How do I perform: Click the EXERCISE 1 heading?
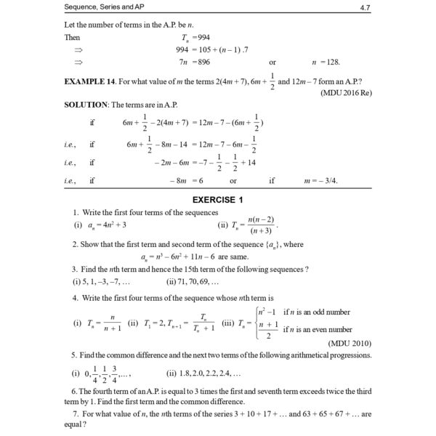pyautogui.click(x=217, y=198)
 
